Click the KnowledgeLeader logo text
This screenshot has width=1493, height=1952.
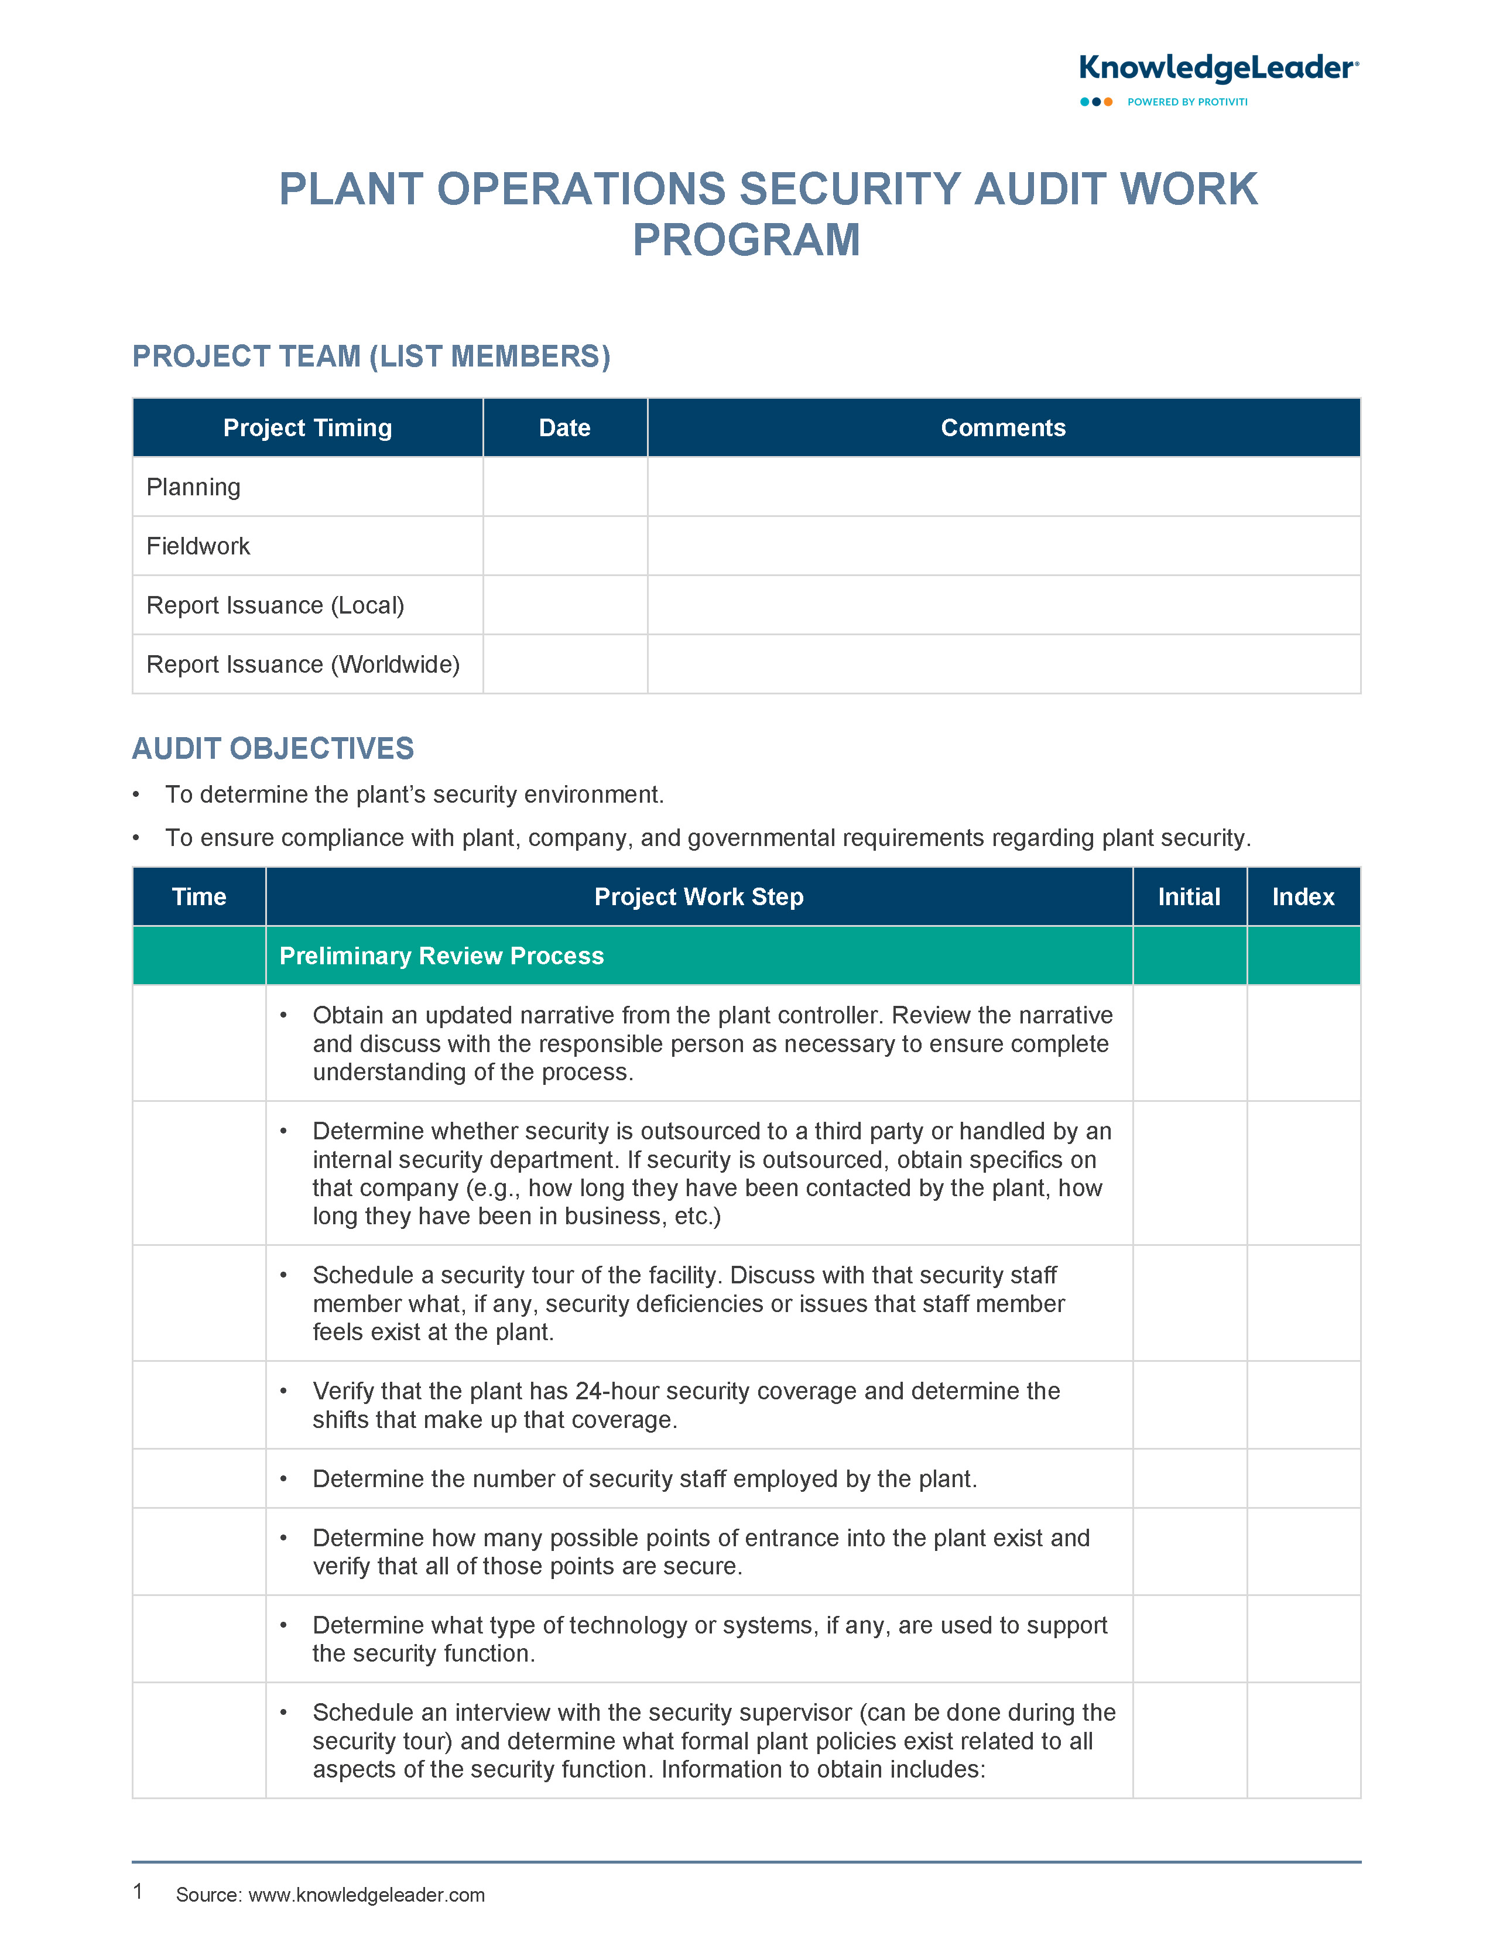point(1217,69)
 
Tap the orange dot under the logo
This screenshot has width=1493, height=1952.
point(1108,102)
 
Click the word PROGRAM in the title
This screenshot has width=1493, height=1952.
point(746,240)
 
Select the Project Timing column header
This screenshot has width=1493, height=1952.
point(307,427)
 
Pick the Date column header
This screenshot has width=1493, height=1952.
point(564,427)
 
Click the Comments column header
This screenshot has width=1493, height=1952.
point(1004,427)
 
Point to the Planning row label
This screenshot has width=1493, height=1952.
point(194,487)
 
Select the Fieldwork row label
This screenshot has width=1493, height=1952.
point(198,546)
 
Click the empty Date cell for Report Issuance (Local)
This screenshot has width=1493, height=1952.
point(564,605)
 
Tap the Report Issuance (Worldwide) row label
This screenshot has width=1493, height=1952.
point(303,664)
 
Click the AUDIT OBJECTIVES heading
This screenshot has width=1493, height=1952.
point(273,748)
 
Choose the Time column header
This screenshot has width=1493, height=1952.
point(199,896)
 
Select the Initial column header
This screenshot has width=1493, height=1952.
point(1189,896)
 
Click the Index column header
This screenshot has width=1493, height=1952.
point(1303,896)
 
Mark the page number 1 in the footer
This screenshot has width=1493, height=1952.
point(138,1891)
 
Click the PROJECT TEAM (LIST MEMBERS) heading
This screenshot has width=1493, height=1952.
point(371,357)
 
